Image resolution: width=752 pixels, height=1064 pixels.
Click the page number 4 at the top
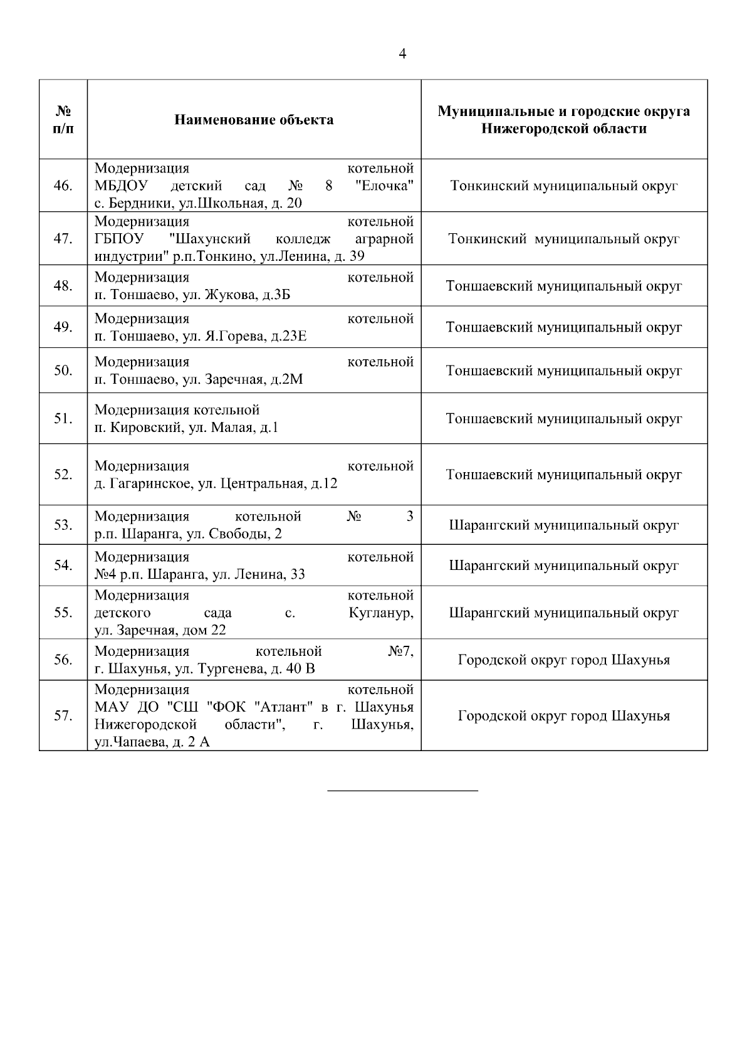click(402, 54)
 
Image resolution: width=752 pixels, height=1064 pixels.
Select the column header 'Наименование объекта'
click(254, 120)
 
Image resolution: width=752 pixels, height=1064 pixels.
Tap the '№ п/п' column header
click(63, 120)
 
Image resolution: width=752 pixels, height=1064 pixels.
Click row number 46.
click(63, 186)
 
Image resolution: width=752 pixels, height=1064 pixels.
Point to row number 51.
click(63, 419)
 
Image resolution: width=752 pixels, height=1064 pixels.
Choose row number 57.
click(63, 716)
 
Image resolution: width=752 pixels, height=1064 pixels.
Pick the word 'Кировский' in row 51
click(144, 428)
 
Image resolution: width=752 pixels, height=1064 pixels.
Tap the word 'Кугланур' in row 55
click(381, 613)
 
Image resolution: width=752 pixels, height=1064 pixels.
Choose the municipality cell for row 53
click(564, 525)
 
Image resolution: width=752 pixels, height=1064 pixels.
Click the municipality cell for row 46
click(564, 186)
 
